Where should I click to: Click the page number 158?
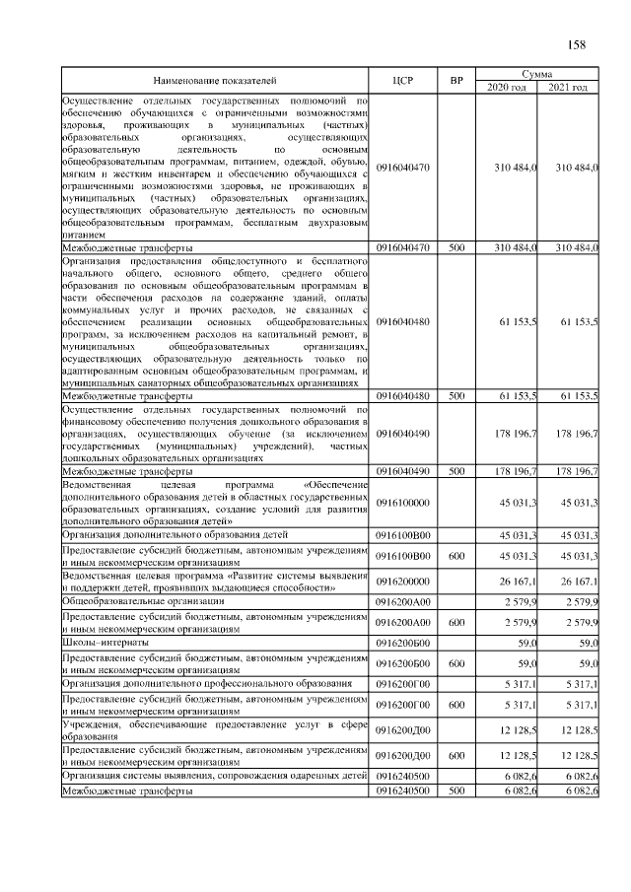tap(577, 44)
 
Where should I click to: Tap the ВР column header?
tap(455, 79)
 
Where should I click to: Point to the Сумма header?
tap(536, 74)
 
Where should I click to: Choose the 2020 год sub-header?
tap(507, 88)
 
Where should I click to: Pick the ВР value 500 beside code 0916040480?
tap(455, 395)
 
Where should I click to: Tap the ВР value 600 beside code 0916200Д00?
tap(455, 755)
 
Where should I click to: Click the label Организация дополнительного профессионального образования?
tap(207, 682)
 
